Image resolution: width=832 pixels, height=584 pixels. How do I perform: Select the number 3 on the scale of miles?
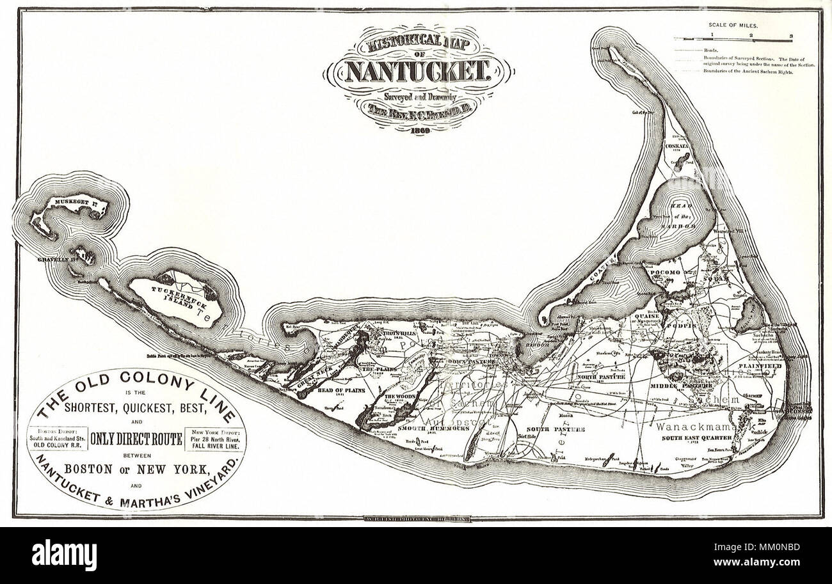pyautogui.click(x=791, y=36)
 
